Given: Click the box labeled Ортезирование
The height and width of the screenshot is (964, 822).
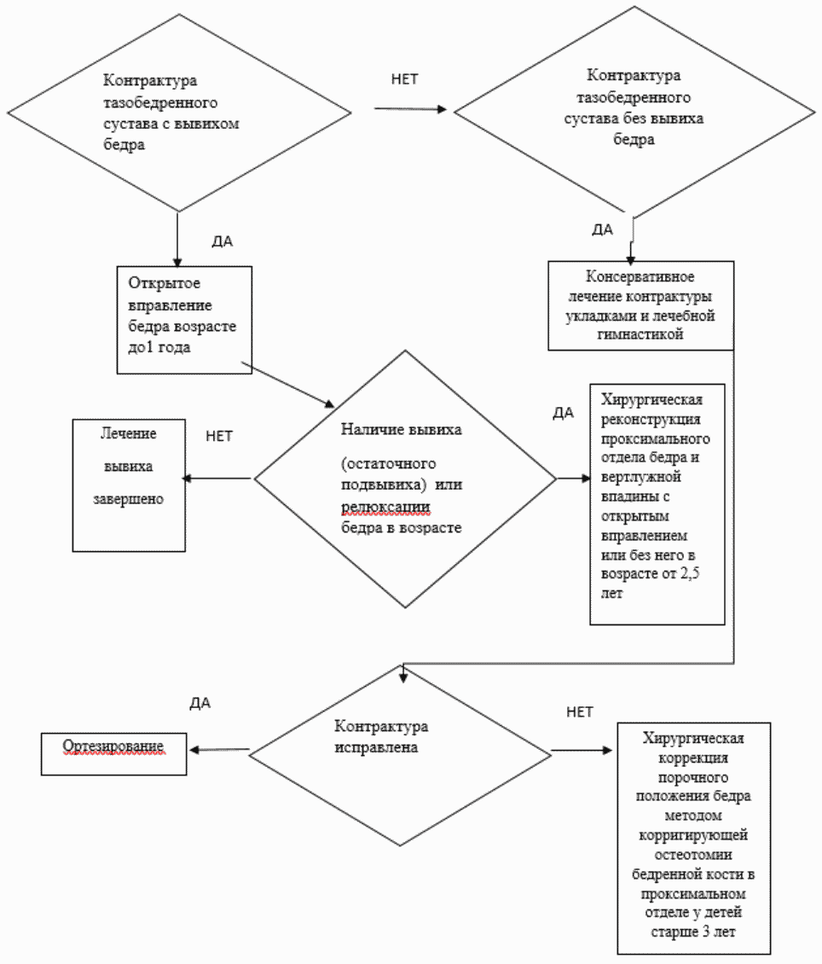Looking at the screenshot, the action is pos(113,754).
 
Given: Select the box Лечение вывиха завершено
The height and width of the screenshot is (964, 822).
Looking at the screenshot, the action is pos(129,485).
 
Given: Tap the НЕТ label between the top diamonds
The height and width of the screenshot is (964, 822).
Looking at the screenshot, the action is pos(404,79).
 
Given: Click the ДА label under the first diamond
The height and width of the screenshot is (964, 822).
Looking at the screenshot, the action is pos(223,241).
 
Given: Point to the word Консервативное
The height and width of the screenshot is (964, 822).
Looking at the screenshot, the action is pos(640,276).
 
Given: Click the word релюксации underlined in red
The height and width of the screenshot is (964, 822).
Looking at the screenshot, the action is pos(385,507).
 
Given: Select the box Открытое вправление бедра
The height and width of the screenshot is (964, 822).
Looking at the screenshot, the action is pos(184,320).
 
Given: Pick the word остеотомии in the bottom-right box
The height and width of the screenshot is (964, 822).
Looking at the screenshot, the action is pos(693,855).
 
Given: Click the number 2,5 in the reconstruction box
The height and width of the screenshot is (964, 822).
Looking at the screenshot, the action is pos(689,573).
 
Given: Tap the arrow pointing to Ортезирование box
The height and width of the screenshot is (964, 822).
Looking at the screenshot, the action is pos(219,749).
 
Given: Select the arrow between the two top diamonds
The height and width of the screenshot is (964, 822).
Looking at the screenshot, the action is pos(410,109).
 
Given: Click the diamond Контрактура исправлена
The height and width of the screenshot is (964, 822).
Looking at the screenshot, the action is pos(400,756).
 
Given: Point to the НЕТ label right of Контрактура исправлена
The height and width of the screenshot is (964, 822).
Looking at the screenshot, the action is pos(579,712).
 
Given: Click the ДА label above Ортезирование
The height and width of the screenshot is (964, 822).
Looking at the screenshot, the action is pos(200,703).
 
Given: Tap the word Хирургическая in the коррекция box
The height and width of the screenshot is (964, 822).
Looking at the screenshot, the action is pos(693,739).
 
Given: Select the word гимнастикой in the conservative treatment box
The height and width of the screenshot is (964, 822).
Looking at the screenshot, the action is pos(640,334).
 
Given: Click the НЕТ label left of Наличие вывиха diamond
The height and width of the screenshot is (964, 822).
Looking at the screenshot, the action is pos(219,436).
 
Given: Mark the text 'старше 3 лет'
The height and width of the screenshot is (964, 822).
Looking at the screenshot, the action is pos(693,932).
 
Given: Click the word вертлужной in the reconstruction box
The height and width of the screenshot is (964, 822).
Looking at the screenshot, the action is pos(640,477).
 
